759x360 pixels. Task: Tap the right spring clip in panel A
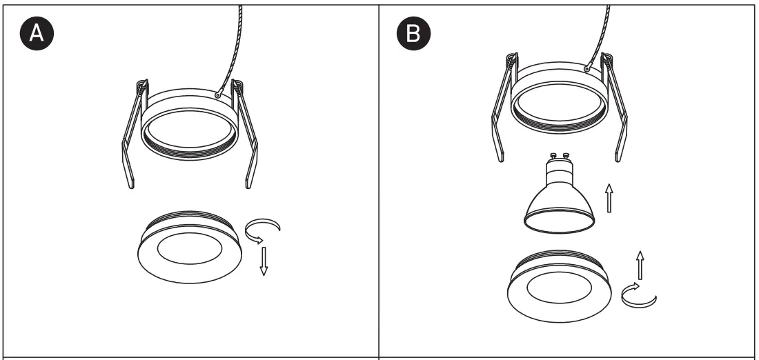point(248,138)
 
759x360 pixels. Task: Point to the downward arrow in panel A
point(262,261)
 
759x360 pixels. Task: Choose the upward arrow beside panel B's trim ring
point(640,265)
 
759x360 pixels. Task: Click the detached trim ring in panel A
point(190,248)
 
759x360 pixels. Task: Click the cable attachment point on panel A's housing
point(217,94)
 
